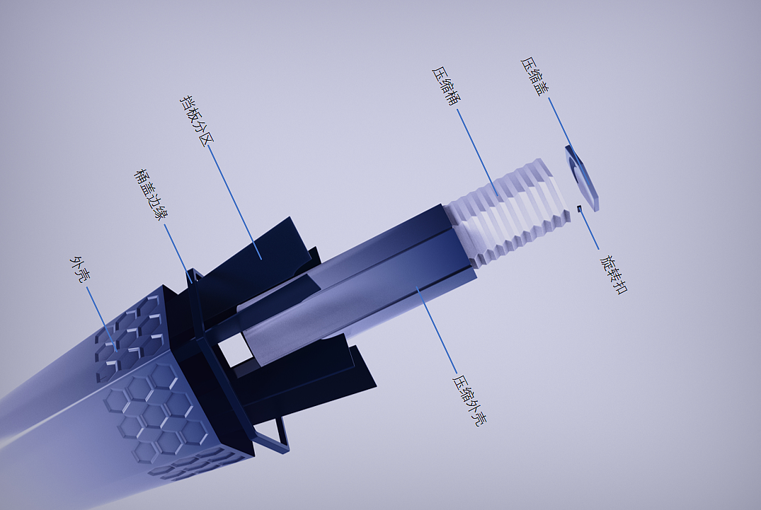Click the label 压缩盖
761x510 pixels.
tap(535, 76)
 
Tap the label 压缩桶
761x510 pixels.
tap(446, 86)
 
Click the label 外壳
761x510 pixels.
tap(80, 270)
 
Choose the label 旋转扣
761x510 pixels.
tap(614, 274)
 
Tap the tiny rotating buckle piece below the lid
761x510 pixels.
tap(579, 209)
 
